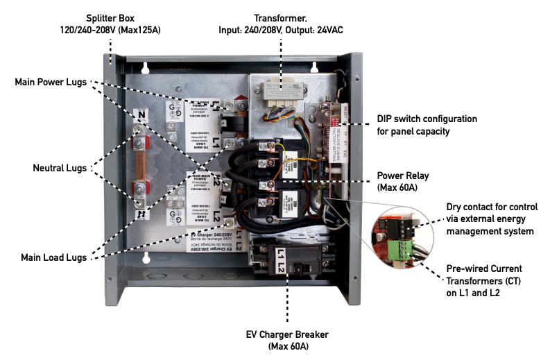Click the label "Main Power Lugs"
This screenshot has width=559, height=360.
point(51,82)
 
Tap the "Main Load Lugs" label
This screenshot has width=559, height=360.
point(53,257)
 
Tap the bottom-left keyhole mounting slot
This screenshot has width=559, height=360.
point(146,259)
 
